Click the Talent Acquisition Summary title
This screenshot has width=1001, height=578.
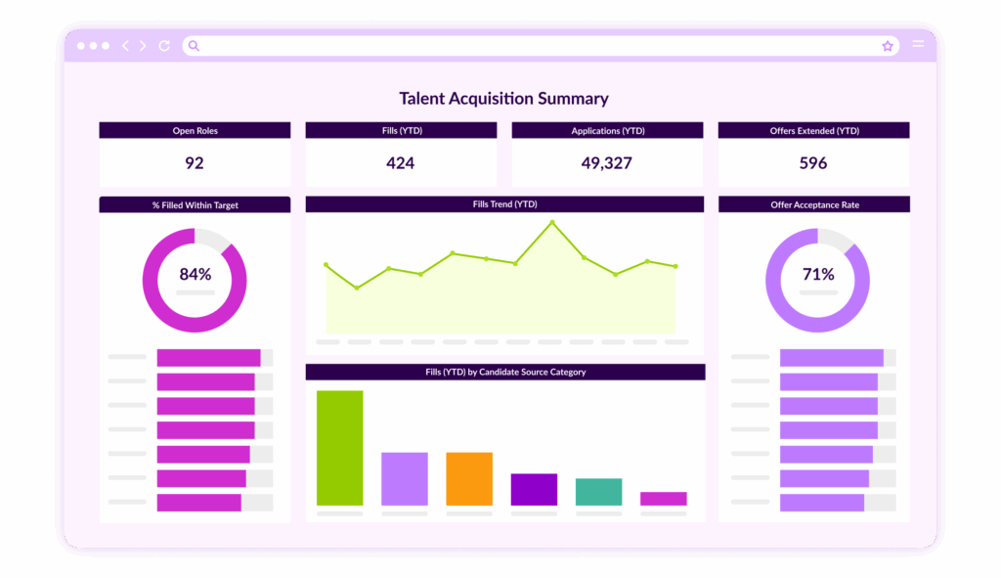coord(503,99)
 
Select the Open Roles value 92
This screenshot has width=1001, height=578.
coord(195,163)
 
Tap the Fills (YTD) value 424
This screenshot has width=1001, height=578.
coord(401,163)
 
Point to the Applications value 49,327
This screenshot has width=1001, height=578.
coord(607,163)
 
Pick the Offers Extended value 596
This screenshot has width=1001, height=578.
coord(813,163)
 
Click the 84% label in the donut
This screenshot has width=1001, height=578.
coord(195,275)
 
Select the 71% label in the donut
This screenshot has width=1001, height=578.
coord(818,275)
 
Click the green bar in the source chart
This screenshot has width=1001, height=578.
coord(339,448)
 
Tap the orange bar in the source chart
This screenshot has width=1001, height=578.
coord(469,478)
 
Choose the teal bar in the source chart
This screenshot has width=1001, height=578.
coord(598,492)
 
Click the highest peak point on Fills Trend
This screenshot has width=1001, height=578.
coord(552,223)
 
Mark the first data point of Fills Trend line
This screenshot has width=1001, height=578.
coord(326,264)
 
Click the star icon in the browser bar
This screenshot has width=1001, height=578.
coord(888,46)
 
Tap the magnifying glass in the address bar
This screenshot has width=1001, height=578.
coord(194,46)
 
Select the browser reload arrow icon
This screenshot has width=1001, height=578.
coord(164,46)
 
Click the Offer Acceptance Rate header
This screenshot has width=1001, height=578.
coord(814,204)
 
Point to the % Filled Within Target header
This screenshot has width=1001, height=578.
coord(195,205)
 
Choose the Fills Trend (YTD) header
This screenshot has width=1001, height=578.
coord(504,204)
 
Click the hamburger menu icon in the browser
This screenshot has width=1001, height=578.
coord(918,45)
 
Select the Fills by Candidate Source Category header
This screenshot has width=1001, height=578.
coord(505,372)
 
